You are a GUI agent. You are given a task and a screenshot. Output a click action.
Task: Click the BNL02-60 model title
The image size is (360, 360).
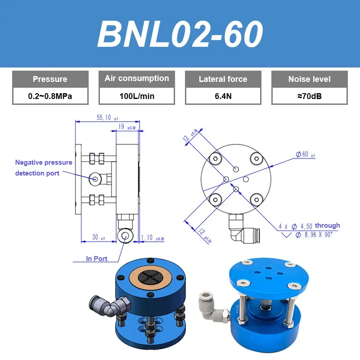click(180, 34)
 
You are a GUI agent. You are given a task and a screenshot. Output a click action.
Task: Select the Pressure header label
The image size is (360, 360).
click(50, 79)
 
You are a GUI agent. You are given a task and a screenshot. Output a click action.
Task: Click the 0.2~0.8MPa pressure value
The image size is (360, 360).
click(50, 96)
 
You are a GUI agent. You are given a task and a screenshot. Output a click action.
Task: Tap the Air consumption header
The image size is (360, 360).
click(137, 78)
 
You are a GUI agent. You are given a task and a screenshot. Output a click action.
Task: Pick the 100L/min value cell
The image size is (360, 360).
click(137, 96)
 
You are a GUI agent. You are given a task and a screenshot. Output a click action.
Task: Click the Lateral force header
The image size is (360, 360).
click(223, 79)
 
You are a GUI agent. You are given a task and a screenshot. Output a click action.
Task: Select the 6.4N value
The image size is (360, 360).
click(223, 96)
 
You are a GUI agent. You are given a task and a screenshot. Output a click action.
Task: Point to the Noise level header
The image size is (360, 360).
click(309, 79)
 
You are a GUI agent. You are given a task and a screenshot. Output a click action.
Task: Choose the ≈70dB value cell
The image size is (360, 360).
click(309, 96)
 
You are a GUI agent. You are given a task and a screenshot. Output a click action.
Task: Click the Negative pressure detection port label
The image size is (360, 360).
click(44, 168)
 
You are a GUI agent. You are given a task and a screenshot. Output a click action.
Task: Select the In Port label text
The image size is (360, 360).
click(97, 259)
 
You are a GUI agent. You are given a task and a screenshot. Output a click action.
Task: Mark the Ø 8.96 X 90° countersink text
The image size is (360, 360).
click(314, 234)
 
